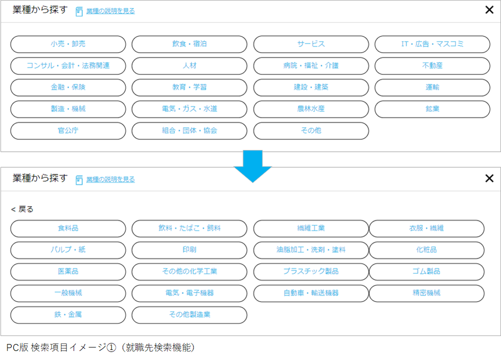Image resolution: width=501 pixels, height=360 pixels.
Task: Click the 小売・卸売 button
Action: (x=68, y=44)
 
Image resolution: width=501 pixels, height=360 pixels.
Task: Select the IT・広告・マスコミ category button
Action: (x=432, y=44)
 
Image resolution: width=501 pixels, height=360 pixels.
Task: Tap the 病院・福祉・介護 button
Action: (x=311, y=66)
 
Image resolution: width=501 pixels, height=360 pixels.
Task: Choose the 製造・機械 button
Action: (x=68, y=109)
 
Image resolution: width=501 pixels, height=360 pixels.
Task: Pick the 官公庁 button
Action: (x=68, y=131)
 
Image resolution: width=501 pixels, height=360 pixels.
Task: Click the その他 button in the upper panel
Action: (x=311, y=131)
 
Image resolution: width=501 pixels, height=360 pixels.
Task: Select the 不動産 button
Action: (x=432, y=66)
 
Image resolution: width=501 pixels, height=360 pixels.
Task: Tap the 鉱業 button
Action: (x=432, y=109)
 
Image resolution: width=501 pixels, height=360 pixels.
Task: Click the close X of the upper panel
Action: (x=489, y=10)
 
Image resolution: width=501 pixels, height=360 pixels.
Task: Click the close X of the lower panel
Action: (x=489, y=178)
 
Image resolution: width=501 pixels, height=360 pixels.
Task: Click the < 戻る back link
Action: (x=22, y=209)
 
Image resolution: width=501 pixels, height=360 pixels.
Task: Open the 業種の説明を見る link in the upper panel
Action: (x=110, y=11)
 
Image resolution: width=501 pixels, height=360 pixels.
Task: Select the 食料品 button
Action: (x=68, y=228)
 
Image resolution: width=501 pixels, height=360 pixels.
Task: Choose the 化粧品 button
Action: (x=426, y=250)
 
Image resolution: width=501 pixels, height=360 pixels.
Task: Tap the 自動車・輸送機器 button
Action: (x=311, y=293)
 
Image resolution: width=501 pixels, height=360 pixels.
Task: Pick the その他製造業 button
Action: (x=189, y=315)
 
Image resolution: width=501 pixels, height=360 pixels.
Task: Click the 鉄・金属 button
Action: (x=68, y=315)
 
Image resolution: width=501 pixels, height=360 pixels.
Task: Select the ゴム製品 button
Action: (x=426, y=271)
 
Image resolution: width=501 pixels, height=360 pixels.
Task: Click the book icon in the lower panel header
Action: (x=79, y=180)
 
